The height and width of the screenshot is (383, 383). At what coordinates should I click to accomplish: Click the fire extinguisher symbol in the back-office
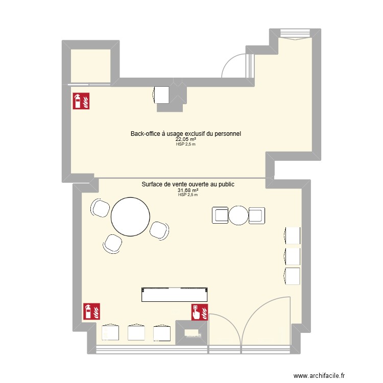pos(82,101)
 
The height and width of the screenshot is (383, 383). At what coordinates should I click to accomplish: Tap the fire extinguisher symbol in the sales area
pos(92,311)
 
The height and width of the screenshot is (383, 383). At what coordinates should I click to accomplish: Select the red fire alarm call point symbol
pos(200,311)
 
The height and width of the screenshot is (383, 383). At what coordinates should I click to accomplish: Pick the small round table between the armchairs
pos(238,215)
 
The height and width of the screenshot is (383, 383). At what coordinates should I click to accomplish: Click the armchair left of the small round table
pos(220,215)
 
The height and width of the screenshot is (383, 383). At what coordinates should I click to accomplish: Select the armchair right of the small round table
pos(256,215)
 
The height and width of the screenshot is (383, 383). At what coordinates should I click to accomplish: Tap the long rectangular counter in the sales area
pos(175,295)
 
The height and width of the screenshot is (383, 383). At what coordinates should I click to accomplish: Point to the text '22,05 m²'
pos(186,139)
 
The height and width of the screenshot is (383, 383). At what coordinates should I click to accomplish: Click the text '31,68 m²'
pos(188,190)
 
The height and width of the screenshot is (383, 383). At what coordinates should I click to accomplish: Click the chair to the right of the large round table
pos(160,230)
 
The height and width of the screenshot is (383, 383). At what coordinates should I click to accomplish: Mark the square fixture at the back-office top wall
pos(162,95)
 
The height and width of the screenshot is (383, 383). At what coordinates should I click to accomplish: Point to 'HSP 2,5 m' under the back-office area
pos(186,144)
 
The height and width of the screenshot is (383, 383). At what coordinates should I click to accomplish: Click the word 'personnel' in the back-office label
pos(226,133)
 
